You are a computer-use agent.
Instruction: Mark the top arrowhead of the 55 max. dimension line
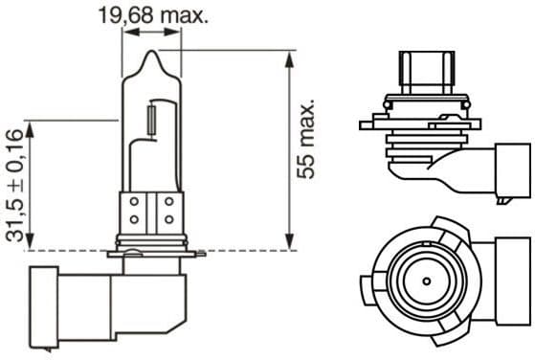click(x=288, y=56)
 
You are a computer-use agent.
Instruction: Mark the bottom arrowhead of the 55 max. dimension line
click(x=288, y=245)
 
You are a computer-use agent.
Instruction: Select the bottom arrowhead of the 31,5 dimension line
click(x=31, y=245)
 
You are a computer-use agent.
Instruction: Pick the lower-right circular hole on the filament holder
click(x=167, y=219)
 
